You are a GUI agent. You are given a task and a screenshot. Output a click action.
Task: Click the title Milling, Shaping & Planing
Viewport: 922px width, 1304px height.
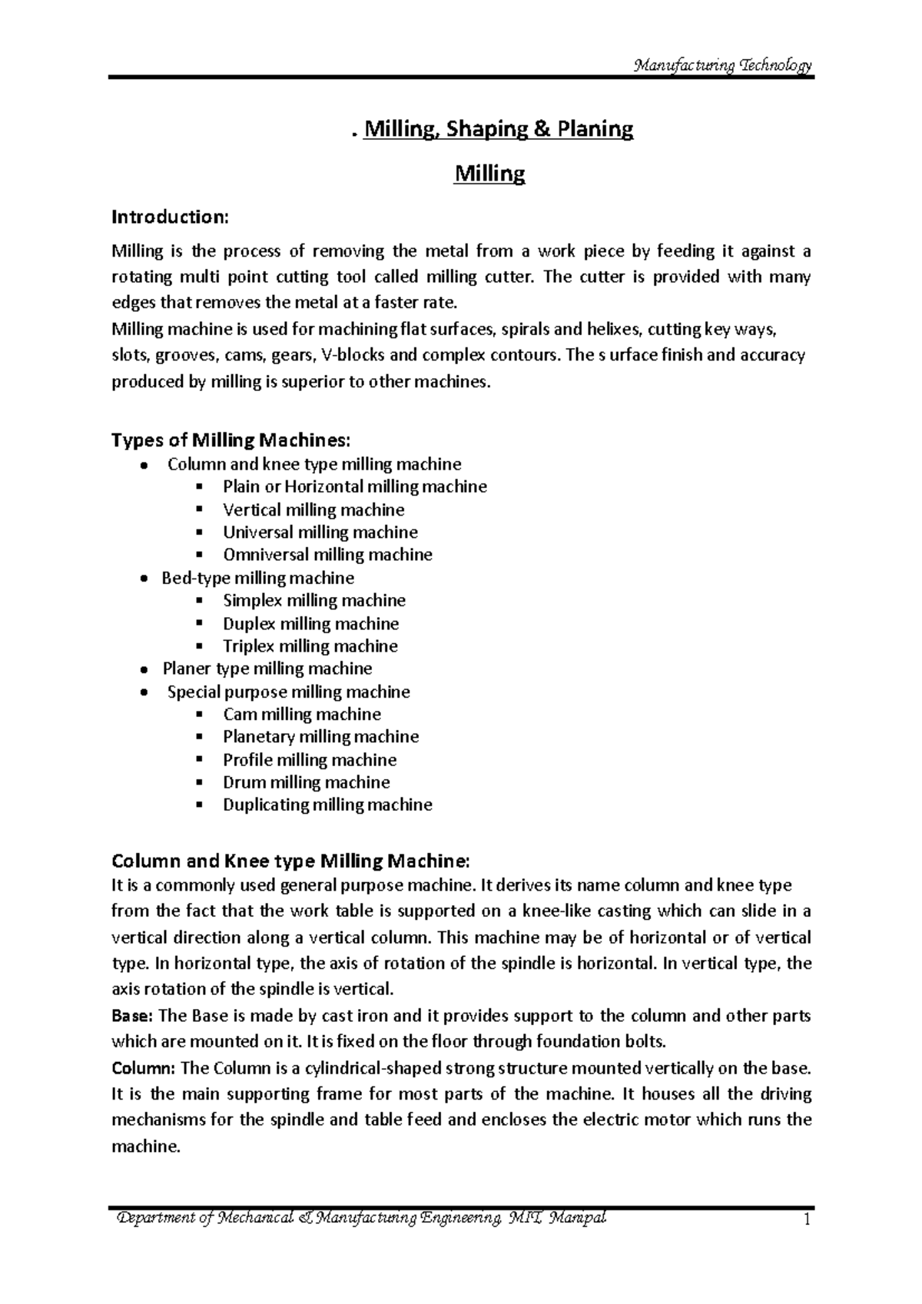coord(498,129)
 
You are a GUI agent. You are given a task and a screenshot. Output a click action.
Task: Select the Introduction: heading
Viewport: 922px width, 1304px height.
coord(170,217)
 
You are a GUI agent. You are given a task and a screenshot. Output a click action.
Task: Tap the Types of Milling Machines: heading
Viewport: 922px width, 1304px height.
coord(230,440)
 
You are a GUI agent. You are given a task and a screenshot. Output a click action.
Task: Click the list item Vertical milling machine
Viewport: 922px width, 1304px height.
coord(313,509)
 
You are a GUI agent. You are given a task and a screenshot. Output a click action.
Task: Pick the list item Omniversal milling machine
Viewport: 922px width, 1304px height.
coord(327,555)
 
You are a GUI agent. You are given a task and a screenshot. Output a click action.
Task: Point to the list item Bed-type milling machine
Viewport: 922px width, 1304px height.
coord(258,578)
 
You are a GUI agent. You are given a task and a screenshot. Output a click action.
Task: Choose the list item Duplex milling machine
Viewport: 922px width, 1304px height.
coord(310,623)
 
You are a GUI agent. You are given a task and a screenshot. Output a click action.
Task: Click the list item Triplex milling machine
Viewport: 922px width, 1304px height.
coord(310,646)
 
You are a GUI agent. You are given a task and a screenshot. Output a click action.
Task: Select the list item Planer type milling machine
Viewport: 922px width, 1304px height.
coord(267,669)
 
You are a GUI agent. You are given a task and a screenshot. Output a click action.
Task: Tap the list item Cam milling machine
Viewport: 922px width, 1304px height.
coord(302,714)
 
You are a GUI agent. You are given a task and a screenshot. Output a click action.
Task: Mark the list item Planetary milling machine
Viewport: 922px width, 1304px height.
coord(320,737)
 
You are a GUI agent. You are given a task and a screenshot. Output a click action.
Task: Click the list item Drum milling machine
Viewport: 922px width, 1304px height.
coord(306,782)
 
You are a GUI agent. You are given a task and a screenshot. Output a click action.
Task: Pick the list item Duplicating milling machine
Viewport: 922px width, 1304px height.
coord(327,805)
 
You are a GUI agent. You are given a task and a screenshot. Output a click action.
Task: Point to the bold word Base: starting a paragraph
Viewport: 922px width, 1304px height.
coord(133,1016)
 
